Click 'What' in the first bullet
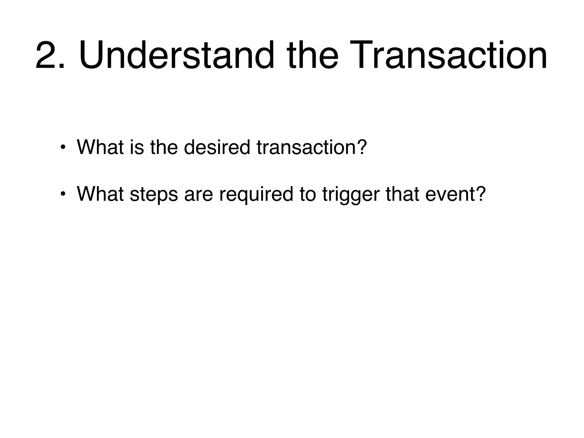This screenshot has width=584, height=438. (100, 147)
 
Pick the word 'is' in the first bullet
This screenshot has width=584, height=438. (137, 147)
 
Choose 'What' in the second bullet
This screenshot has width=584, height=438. (100, 194)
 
